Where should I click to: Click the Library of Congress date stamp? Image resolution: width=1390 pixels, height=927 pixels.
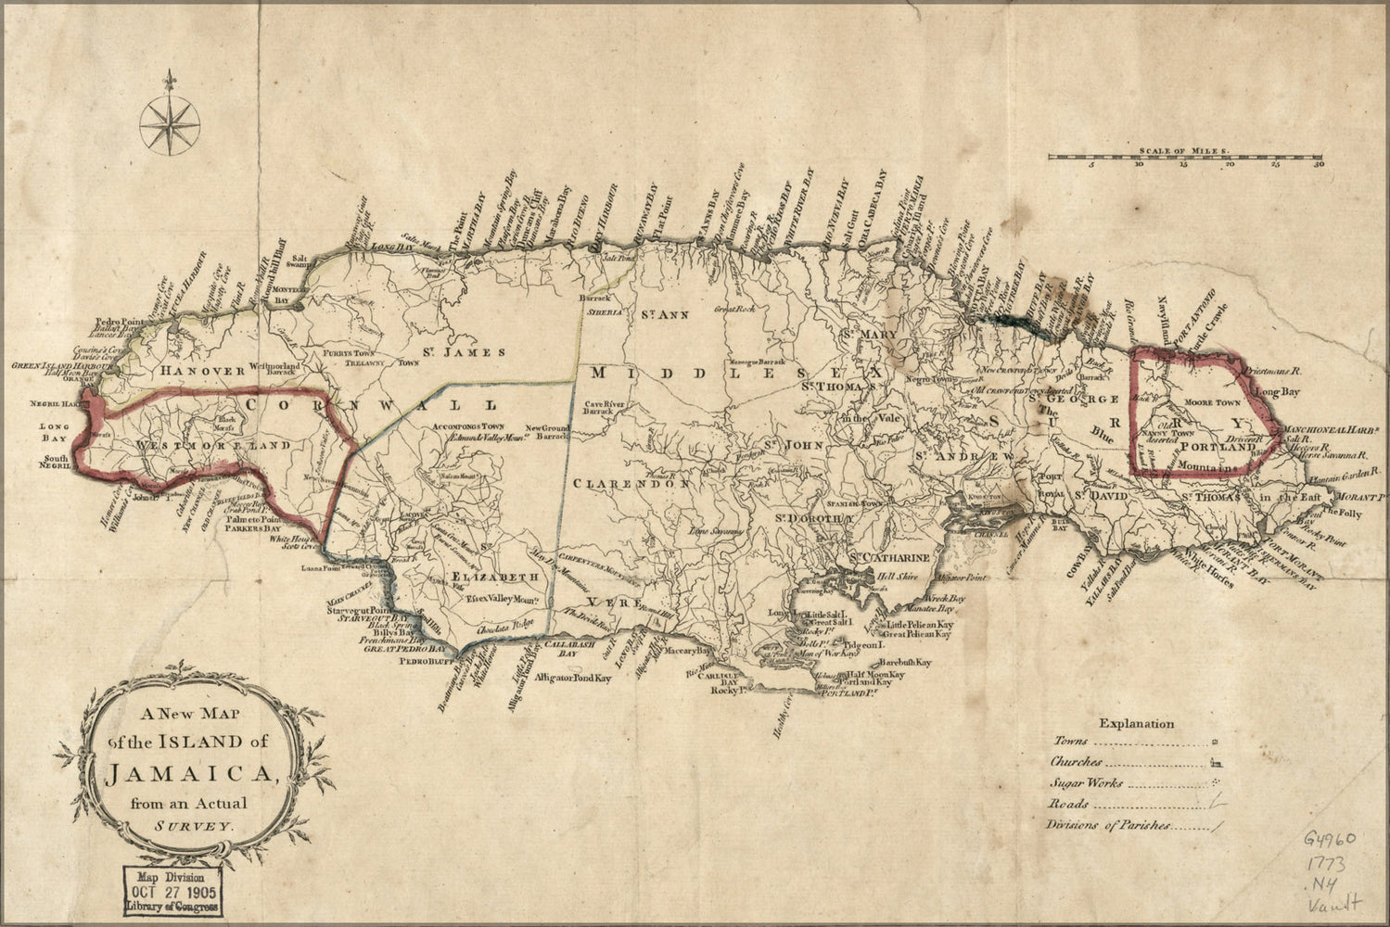(174, 892)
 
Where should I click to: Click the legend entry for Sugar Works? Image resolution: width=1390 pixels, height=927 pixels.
(1086, 783)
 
